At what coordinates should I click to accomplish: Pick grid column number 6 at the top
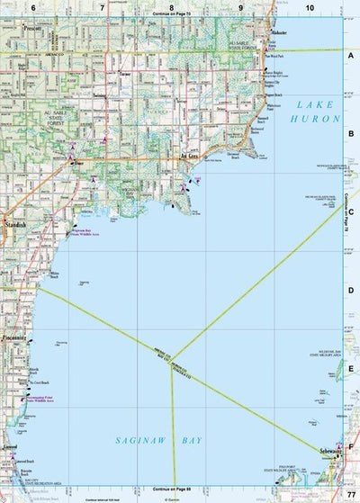click(x=33, y=7)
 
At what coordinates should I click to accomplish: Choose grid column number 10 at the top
click(x=310, y=7)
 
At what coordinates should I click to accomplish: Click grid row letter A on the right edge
click(x=351, y=54)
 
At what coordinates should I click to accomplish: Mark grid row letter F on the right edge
click(x=351, y=445)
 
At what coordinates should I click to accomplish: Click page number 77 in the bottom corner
click(x=350, y=495)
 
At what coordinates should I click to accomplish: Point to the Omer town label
click(x=79, y=163)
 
